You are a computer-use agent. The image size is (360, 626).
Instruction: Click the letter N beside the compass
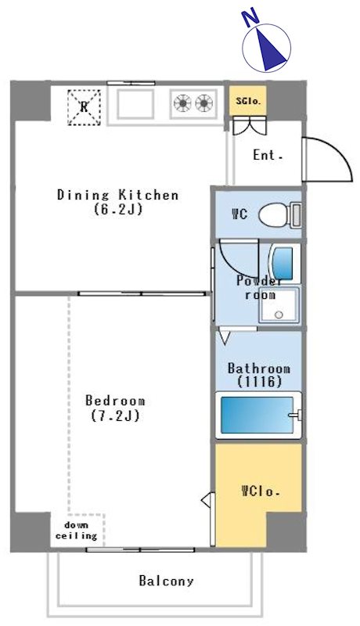click(x=250, y=19)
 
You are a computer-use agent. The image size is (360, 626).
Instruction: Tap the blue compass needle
click(x=271, y=49)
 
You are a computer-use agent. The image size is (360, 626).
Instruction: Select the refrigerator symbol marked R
click(x=84, y=107)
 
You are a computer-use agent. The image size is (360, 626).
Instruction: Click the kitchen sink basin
click(x=135, y=103)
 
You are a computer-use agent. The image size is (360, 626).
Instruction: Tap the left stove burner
click(x=182, y=103)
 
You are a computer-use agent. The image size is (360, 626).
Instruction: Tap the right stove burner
click(x=204, y=103)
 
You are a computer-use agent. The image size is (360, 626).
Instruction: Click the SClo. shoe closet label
click(x=248, y=102)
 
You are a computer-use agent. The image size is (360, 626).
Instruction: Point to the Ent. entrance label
click(x=268, y=155)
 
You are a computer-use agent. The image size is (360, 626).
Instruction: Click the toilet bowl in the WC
click(x=275, y=215)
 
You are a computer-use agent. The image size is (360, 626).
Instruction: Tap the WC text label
click(x=239, y=214)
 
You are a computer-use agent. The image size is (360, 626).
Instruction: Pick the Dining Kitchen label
click(x=117, y=195)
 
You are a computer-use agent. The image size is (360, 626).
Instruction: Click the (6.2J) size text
click(x=118, y=209)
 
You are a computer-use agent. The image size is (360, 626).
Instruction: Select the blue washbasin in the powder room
click(x=283, y=263)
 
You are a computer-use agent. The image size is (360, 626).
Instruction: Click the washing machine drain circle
click(x=279, y=315)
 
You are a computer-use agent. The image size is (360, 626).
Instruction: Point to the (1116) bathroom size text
click(x=259, y=382)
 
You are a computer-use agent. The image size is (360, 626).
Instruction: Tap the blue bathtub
click(x=257, y=415)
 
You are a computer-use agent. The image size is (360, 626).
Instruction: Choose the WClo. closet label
click(x=261, y=491)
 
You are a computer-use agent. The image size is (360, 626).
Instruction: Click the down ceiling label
click(x=76, y=531)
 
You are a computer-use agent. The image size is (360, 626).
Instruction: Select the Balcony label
click(x=166, y=581)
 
